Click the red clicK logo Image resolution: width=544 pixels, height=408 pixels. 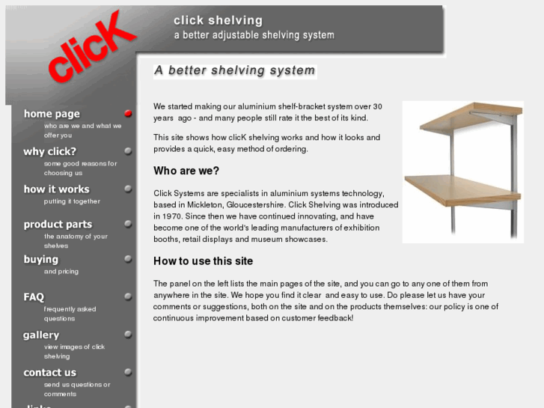[x=92, y=49]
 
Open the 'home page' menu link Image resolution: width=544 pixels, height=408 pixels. [x=52, y=114]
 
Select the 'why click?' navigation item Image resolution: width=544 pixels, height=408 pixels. [x=49, y=151]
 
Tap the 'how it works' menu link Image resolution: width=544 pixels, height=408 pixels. [x=56, y=189]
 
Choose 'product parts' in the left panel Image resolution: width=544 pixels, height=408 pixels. [x=58, y=225]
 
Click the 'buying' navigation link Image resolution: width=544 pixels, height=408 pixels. [x=40, y=260]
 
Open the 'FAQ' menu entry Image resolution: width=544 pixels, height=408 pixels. [x=34, y=297]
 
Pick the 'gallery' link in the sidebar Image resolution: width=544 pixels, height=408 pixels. [x=41, y=335]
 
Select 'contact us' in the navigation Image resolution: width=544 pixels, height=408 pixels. [x=49, y=372]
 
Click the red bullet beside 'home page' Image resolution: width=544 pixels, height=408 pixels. [x=128, y=114]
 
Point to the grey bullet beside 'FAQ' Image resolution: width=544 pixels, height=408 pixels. [x=128, y=296]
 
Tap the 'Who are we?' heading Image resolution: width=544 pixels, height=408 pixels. [x=186, y=171]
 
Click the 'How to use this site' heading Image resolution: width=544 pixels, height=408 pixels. [x=203, y=261]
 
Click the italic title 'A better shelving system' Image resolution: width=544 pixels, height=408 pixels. [x=234, y=71]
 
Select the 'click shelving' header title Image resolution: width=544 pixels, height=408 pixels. [x=218, y=21]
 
